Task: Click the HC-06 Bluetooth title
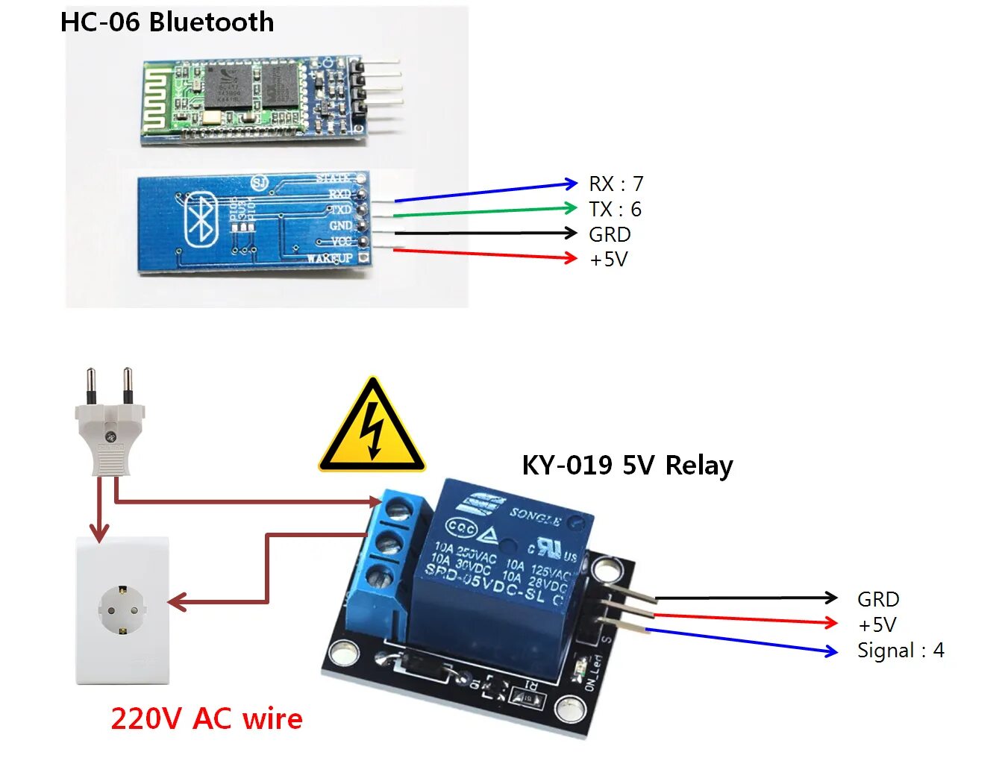pyautogui.click(x=167, y=22)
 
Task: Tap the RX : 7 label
pyautogui.click(x=616, y=184)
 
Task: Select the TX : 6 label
pyautogui.click(x=615, y=209)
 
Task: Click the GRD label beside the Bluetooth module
pyautogui.click(x=610, y=234)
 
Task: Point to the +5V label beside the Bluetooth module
pyautogui.click(x=609, y=260)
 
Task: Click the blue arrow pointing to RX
pyautogui.click(x=486, y=192)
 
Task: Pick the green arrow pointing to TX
pyautogui.click(x=485, y=211)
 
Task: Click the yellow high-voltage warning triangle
pyautogui.click(x=372, y=427)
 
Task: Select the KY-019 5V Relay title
pyautogui.click(x=627, y=465)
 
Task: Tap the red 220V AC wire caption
pyautogui.click(x=207, y=718)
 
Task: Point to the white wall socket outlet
pyautogui.click(x=122, y=610)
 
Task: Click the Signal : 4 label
pyautogui.click(x=901, y=651)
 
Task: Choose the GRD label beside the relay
pyautogui.click(x=878, y=599)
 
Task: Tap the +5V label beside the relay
pyautogui.click(x=877, y=624)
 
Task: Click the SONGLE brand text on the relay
pyautogui.click(x=535, y=516)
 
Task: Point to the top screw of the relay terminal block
pyautogui.click(x=399, y=510)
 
